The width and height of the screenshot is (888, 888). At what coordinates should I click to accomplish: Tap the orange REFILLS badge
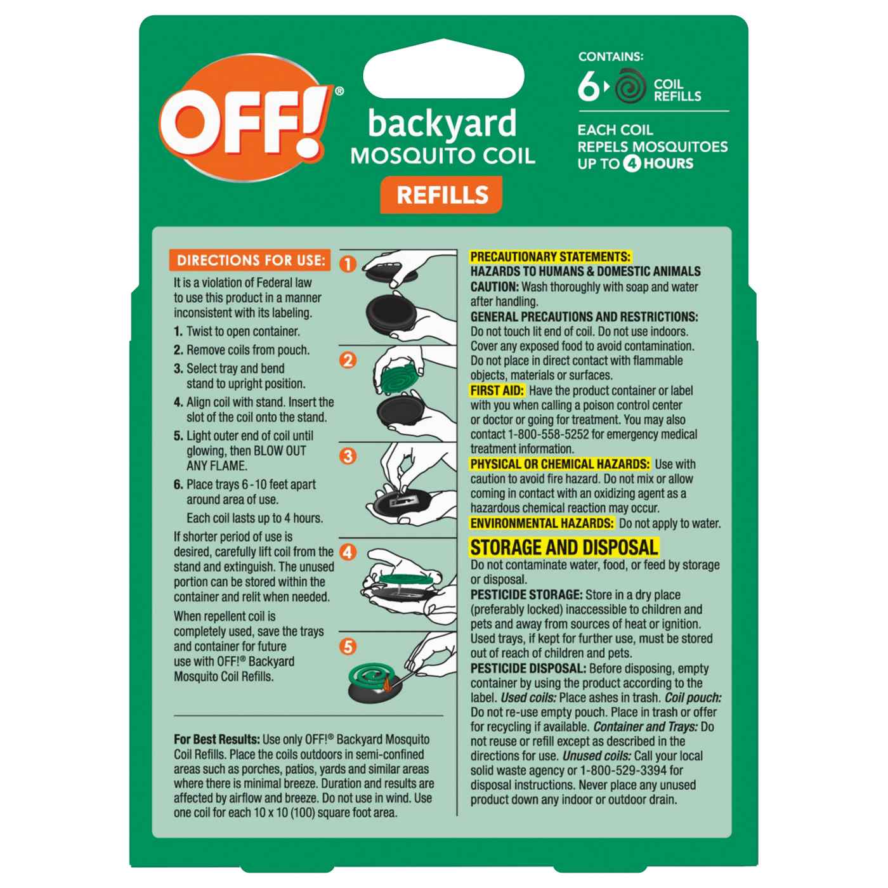click(441, 195)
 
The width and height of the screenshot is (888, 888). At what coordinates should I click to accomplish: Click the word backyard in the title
click(442, 124)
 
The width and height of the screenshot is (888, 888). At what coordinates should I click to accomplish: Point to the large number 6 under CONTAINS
click(589, 86)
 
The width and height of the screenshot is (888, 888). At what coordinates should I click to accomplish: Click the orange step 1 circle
click(348, 264)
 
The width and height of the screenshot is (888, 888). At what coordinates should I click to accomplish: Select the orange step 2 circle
click(348, 360)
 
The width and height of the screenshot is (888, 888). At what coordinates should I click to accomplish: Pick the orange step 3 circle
click(348, 456)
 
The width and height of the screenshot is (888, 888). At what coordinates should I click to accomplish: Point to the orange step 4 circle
click(348, 552)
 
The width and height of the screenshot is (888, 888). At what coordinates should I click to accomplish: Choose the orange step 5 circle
click(348, 646)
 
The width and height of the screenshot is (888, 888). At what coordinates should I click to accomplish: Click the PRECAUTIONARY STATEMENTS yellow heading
click(550, 257)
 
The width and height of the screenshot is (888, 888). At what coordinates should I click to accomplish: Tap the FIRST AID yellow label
click(497, 391)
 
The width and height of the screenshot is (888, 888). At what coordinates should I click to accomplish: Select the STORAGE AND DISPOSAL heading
click(564, 547)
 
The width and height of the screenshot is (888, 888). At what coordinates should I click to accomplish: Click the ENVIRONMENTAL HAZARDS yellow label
click(542, 523)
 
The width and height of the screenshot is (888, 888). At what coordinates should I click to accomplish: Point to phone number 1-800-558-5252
click(554, 434)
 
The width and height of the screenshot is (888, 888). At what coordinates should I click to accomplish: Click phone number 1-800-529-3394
click(626, 770)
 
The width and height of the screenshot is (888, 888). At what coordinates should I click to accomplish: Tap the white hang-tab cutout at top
click(443, 69)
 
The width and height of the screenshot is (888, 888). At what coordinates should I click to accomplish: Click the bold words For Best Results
click(217, 740)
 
